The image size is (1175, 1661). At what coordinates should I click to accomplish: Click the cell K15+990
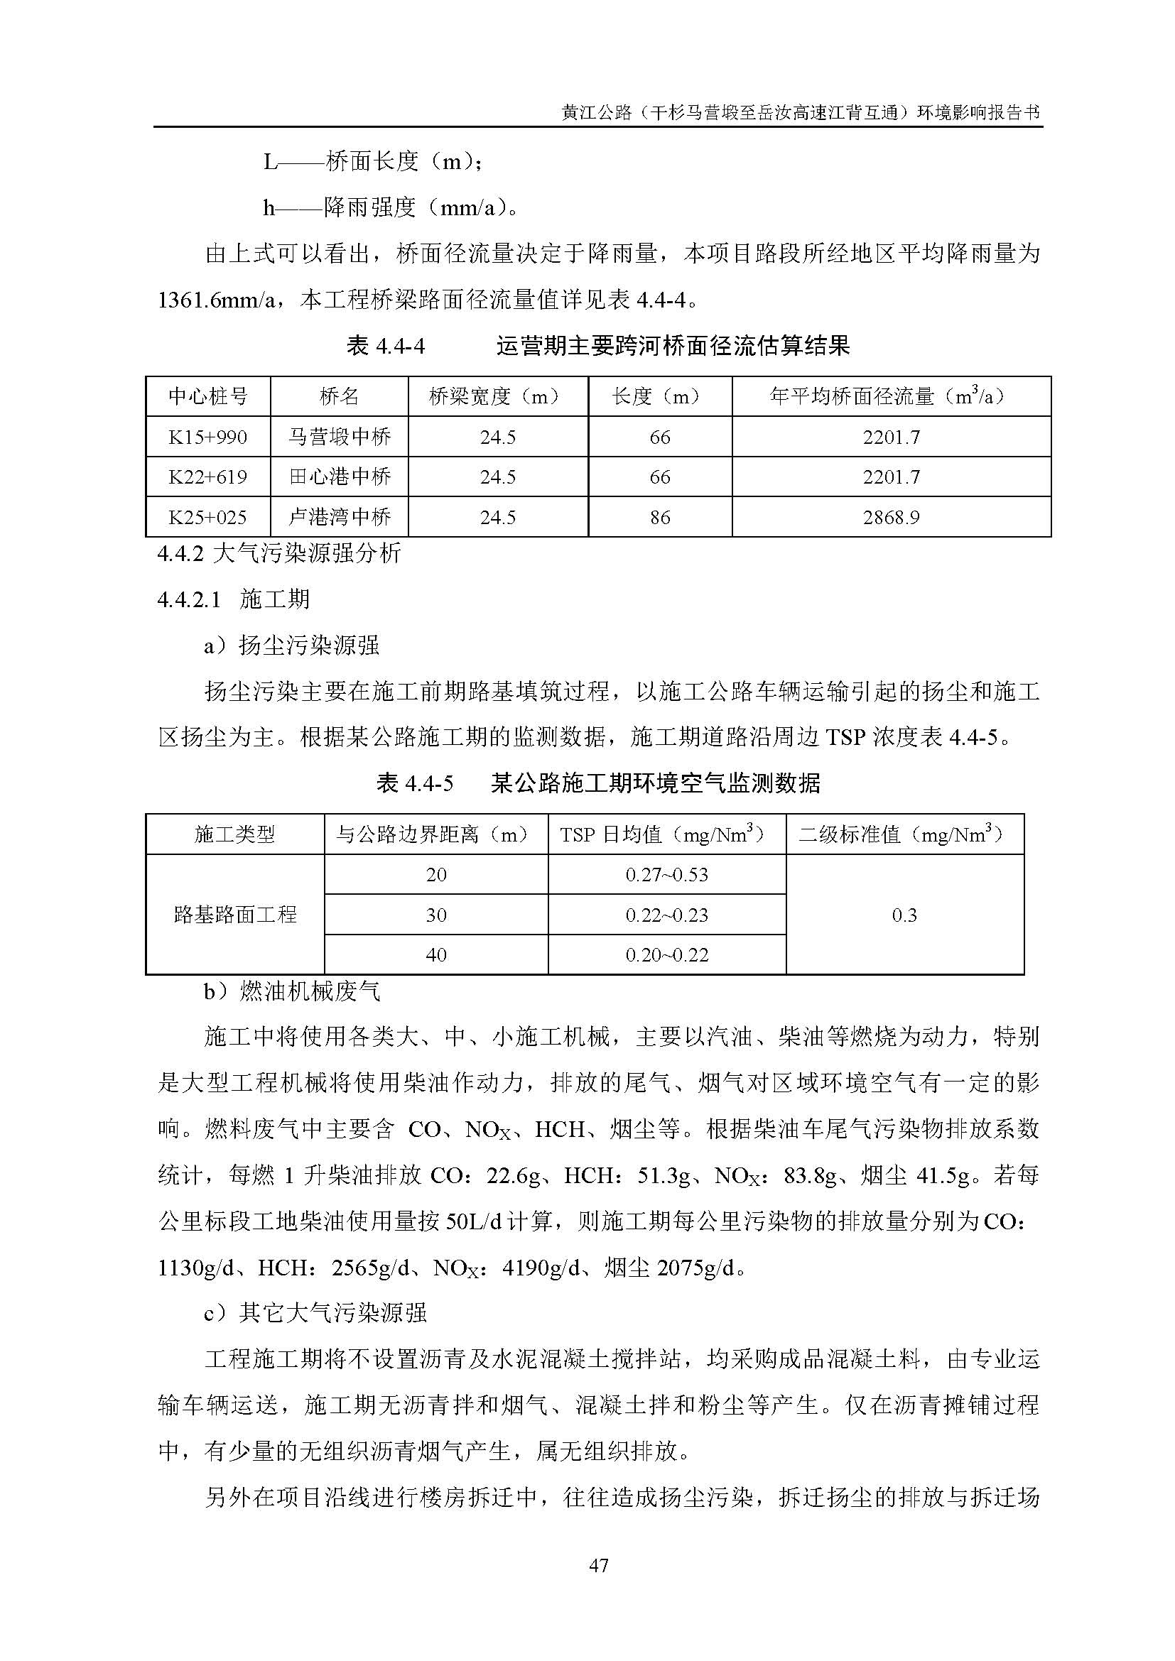point(207,437)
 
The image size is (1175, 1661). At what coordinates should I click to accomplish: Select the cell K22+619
point(207,476)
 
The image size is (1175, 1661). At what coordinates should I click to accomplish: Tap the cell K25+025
point(207,517)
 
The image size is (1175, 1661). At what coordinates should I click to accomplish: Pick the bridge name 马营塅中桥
point(340,437)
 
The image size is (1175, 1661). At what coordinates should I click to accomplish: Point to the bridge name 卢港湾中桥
point(340,517)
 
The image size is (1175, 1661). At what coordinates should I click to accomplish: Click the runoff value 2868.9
point(891,517)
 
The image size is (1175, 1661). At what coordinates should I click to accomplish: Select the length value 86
point(660,517)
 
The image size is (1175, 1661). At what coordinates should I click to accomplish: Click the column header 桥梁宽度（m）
point(498,396)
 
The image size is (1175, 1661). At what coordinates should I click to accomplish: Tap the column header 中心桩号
point(207,396)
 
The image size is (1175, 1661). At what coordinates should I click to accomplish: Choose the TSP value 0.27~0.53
point(666,875)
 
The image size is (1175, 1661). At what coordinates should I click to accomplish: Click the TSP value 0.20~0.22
point(666,955)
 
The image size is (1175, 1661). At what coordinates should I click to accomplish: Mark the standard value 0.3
point(904,915)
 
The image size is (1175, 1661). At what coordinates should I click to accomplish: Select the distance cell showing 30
point(436,915)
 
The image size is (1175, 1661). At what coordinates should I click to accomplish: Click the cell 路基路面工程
point(235,915)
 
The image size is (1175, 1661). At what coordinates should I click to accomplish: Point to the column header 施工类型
point(235,835)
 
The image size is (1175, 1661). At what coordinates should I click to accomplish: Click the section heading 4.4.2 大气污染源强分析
point(279,554)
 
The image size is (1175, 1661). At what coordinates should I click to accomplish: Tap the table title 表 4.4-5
point(415,783)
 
